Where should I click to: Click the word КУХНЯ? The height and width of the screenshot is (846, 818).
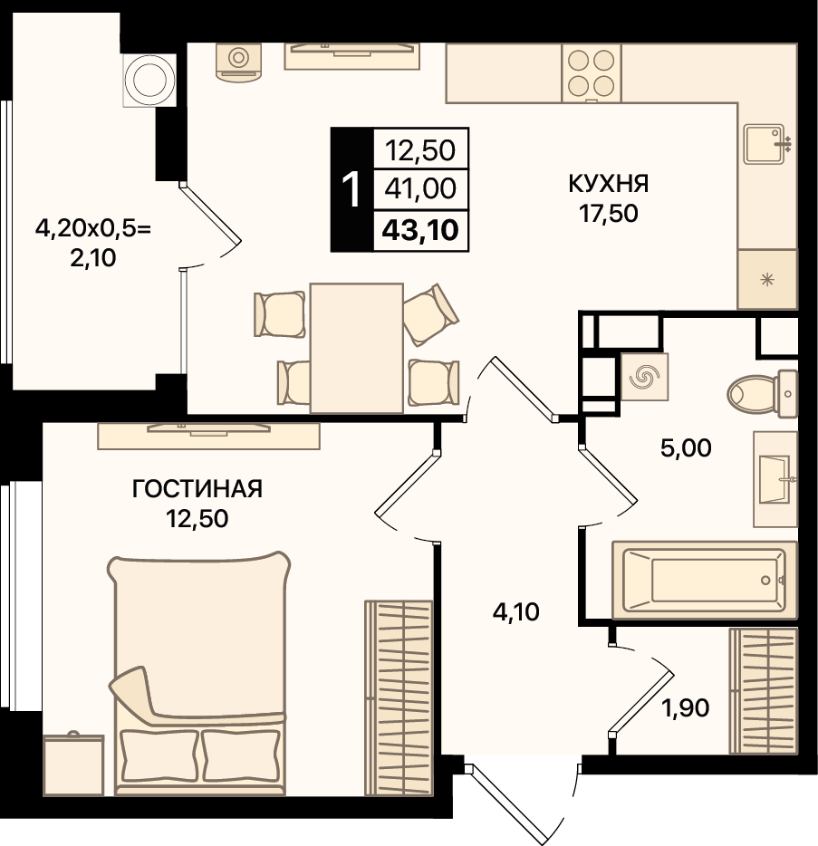[608, 184]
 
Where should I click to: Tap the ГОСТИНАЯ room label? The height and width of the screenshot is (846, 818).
[197, 489]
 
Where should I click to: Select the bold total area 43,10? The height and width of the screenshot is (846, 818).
[420, 230]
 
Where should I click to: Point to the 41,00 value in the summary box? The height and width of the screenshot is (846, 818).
[420, 188]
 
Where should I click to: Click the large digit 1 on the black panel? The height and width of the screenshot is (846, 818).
[351, 189]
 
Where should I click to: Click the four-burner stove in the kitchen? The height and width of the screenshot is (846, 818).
[592, 72]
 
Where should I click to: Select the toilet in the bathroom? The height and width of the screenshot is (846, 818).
[762, 394]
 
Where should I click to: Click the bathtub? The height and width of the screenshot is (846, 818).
[705, 580]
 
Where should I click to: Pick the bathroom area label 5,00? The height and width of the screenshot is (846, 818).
[686, 448]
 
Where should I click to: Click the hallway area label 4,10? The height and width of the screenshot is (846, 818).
[515, 612]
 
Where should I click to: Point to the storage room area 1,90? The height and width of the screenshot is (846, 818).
[685, 707]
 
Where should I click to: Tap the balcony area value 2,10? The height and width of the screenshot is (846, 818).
[92, 258]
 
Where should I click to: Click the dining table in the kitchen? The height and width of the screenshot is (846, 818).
[357, 349]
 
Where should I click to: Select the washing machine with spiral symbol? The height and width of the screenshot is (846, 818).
[645, 377]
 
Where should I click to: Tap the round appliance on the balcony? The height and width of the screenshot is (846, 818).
[149, 80]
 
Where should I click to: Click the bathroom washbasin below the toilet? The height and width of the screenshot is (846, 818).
[775, 479]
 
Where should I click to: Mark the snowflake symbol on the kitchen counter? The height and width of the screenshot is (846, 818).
[766, 280]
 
